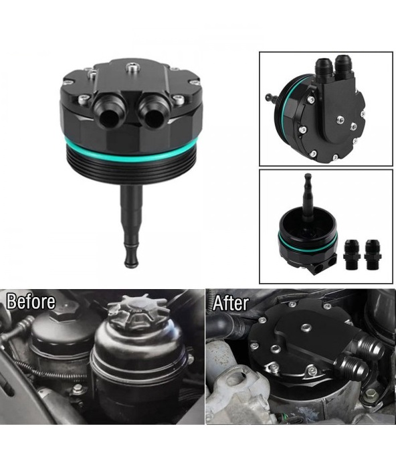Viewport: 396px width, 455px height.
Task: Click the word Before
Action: pyautogui.click(x=31, y=301)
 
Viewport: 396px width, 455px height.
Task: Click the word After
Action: pyautogui.click(x=231, y=303)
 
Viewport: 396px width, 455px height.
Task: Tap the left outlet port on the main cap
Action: pyautogui.click(x=106, y=113)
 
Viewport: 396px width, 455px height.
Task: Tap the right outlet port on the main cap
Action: pyautogui.click(x=152, y=114)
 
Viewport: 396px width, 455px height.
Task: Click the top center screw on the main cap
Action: pyautogui.click(x=131, y=68)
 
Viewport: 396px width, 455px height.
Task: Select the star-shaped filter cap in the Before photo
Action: pyautogui.click(x=138, y=313)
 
